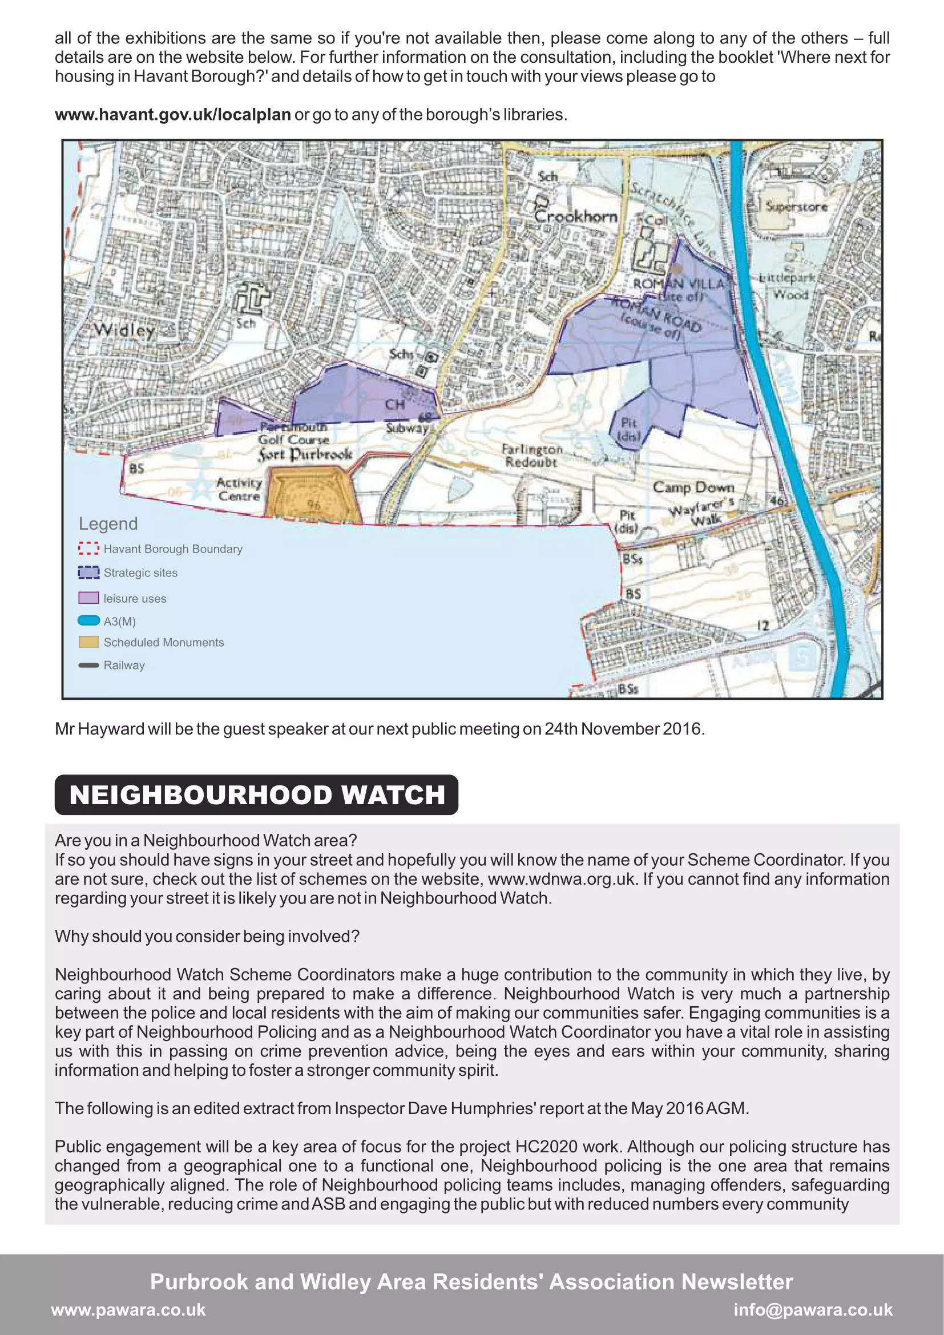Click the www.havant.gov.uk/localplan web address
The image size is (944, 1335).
(172, 115)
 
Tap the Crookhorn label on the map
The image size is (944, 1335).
(575, 216)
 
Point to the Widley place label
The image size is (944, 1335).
(124, 330)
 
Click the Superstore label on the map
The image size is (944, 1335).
(796, 207)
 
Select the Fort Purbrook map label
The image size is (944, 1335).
(305, 454)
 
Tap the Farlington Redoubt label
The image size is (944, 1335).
(532, 456)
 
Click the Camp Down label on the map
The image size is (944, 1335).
(693, 487)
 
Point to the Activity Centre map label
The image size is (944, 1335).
(239, 489)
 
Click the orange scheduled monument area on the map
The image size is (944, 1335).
(313, 494)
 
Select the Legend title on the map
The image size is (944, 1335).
(108, 524)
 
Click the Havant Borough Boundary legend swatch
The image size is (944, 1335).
(88, 548)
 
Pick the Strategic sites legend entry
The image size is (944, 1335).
(140, 572)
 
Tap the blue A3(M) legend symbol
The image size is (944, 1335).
(88, 620)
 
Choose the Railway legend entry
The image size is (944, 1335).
(124, 665)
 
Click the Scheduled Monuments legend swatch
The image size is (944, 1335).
(88, 642)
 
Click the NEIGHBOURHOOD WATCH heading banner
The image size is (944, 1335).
(256, 794)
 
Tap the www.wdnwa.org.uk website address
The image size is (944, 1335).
(560, 878)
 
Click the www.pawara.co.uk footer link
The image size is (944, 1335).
(128, 1309)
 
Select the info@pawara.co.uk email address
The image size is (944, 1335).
(813, 1309)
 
